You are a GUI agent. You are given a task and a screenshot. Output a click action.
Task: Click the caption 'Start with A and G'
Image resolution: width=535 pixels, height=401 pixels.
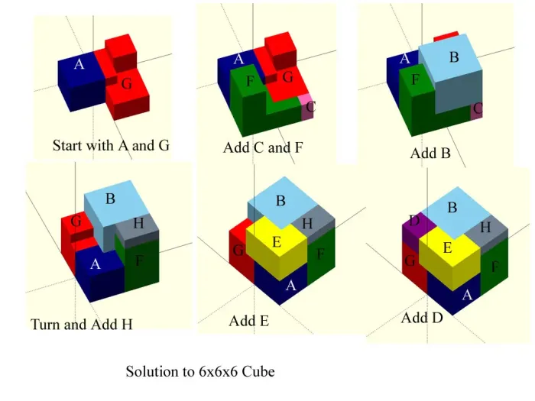coord(111,146)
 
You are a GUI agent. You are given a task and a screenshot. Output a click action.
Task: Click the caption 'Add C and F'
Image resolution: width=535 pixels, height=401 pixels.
coord(263,147)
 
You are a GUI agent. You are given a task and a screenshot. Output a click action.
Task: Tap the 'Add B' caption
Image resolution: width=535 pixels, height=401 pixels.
coord(430,153)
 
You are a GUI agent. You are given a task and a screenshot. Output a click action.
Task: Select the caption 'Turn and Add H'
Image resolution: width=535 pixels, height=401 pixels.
coord(82,325)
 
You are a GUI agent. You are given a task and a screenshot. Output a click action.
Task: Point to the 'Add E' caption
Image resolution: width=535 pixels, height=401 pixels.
coord(249,321)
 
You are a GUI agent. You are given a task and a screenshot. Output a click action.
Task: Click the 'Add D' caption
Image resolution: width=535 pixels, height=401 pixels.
coord(422,318)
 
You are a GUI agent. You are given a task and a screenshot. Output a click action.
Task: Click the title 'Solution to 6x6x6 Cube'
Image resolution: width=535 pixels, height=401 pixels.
coord(200,371)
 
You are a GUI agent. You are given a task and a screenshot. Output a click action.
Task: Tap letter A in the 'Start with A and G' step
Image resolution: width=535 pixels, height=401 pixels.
coord(79,63)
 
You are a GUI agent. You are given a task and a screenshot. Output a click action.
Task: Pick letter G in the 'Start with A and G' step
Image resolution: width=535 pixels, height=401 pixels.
coord(127,83)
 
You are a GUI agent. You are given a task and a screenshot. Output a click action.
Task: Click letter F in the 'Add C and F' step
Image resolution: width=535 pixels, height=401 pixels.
coord(250,81)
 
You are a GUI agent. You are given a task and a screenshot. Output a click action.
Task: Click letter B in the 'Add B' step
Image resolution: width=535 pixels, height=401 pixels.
coord(454,57)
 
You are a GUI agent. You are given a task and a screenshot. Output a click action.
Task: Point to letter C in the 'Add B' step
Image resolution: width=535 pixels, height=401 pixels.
coord(478,108)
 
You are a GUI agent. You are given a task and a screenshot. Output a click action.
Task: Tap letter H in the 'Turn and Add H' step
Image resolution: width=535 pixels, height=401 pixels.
coord(138,223)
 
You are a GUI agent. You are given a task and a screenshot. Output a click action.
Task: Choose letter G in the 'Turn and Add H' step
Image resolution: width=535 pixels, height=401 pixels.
coord(76,222)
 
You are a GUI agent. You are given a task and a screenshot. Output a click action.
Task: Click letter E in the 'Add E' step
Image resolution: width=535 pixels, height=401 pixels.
coord(277,242)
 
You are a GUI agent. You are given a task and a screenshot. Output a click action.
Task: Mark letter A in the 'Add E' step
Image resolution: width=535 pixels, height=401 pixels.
coord(290,285)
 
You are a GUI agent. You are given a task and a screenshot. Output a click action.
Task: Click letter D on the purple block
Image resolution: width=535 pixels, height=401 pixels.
coord(414,221)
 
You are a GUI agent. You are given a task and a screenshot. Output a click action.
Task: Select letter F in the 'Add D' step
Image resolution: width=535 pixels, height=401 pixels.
coord(495,267)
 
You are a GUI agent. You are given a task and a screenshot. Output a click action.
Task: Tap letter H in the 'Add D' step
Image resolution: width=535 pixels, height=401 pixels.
coord(485,227)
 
